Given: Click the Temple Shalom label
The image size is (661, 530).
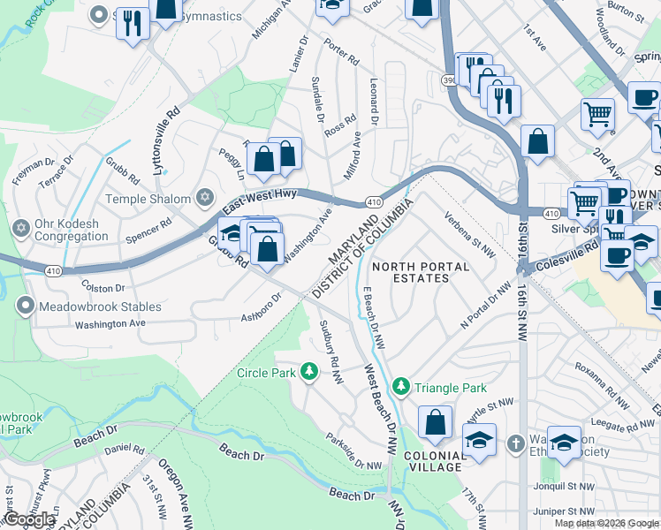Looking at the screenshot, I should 148,199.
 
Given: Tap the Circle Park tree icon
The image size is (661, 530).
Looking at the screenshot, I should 308,371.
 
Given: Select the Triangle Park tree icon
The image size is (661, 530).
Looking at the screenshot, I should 400,387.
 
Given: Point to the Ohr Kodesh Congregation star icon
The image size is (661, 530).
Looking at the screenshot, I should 21,230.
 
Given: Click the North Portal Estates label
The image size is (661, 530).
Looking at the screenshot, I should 410,272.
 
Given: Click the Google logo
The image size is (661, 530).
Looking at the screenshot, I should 29,520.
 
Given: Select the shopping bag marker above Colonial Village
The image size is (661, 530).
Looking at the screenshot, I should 435,423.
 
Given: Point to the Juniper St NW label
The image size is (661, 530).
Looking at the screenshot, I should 545,511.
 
